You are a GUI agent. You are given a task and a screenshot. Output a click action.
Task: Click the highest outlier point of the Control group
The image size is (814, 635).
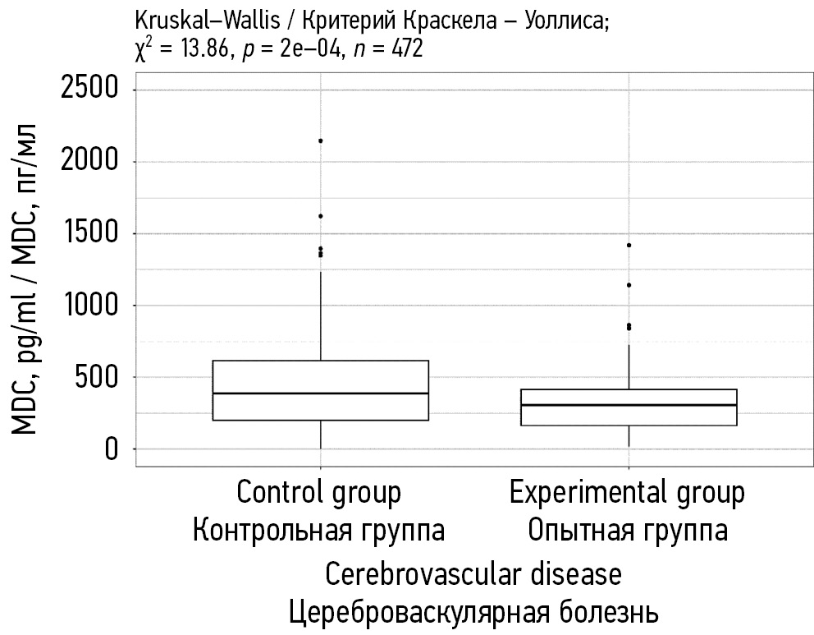320,140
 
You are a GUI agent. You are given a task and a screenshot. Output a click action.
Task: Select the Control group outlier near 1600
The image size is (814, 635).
320,216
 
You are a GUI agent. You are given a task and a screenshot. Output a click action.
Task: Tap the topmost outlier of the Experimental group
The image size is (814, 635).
629,245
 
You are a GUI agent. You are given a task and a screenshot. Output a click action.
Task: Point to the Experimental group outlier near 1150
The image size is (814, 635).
629,285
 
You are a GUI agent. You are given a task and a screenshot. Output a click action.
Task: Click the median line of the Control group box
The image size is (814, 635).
320,393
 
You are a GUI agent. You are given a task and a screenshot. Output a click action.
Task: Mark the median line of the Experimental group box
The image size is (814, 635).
629,405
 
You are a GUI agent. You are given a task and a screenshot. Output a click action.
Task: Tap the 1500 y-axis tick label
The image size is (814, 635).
90,233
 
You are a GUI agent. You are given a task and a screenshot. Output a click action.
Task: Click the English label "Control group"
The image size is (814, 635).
319,493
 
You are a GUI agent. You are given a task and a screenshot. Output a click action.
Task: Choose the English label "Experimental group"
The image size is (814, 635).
628,493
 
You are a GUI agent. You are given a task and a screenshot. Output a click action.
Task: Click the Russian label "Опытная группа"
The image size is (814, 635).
628,531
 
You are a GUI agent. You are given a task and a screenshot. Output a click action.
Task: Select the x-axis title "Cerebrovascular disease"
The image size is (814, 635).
473,573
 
